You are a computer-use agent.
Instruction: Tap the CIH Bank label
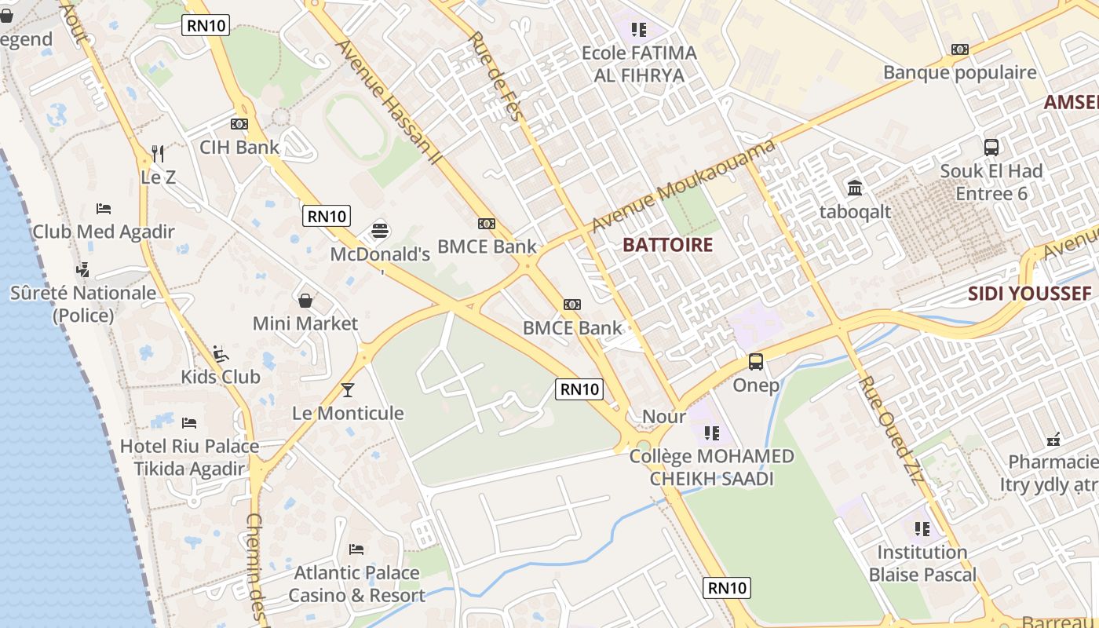click(239, 147)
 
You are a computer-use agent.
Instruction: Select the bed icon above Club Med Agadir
click(104, 209)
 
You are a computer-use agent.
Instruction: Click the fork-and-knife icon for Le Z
click(158, 153)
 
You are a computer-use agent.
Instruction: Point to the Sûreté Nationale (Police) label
click(83, 304)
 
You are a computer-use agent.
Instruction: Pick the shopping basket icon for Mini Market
click(305, 301)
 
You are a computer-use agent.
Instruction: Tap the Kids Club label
click(221, 377)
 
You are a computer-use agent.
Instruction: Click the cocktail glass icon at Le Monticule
click(348, 390)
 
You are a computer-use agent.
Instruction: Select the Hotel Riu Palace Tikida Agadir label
click(189, 457)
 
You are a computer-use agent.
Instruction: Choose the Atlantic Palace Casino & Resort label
click(356, 584)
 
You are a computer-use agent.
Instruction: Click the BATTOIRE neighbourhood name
click(667, 245)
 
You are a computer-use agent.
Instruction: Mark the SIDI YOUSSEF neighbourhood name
click(1029, 294)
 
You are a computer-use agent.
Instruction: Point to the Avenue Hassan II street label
click(388, 101)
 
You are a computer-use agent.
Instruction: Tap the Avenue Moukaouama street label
click(684, 186)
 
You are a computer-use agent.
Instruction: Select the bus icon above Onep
click(756, 362)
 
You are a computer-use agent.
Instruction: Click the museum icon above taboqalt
click(855, 188)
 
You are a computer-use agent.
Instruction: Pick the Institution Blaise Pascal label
click(922, 563)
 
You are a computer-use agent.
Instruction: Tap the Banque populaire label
click(959, 73)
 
